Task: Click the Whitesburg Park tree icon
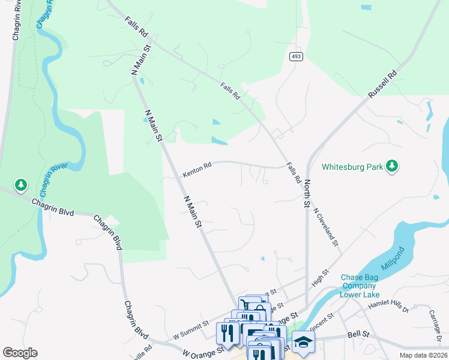pos(392,166)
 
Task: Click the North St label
pos(307,193)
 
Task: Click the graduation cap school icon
pos(303,343)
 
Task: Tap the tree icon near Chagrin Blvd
pos(21,185)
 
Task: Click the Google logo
pos(20,352)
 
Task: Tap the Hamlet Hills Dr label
pos(388,307)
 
